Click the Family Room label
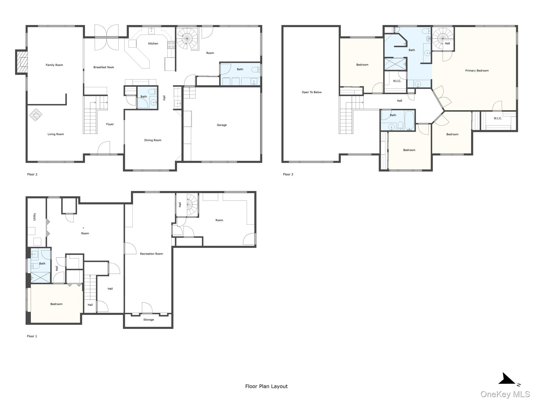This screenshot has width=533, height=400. (54, 65)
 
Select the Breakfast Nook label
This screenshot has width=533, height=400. (104, 67)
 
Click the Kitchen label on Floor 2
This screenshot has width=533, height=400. (153, 43)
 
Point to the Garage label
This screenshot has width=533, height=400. (222, 125)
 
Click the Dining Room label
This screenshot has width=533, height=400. (153, 140)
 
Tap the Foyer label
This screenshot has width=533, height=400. (110, 124)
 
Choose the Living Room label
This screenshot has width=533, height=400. (55, 134)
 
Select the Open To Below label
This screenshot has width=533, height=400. (312, 92)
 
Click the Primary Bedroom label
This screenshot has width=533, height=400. (477, 71)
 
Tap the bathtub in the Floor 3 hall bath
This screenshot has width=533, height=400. (409, 121)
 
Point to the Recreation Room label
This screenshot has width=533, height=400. (151, 254)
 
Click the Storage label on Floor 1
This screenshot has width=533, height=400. (149, 320)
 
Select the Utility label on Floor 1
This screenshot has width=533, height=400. (34, 217)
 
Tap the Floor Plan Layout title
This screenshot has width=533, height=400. (266, 386)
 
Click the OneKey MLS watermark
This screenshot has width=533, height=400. (505, 394)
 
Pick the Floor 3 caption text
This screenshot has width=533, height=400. (288, 174)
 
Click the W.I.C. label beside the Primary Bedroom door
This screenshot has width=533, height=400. (498, 118)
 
